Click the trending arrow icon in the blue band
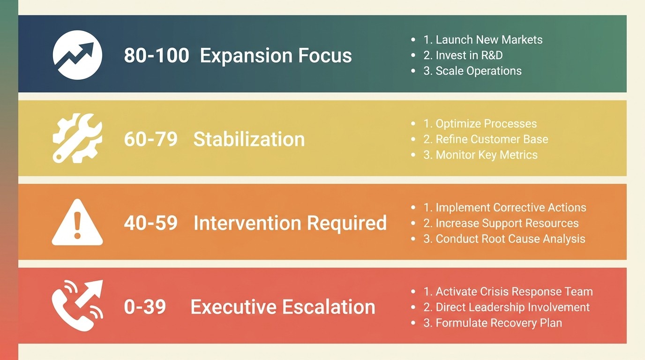[77, 55]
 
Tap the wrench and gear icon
[77, 138]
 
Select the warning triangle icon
[77, 222]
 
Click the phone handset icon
[77, 306]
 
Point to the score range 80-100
[157, 56]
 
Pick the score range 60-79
[150, 139]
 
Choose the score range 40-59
[150, 223]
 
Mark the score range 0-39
[145, 307]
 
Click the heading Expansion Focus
[276, 56]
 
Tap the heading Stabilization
[249, 139]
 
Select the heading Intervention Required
[290, 223]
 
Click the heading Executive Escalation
[283, 307]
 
